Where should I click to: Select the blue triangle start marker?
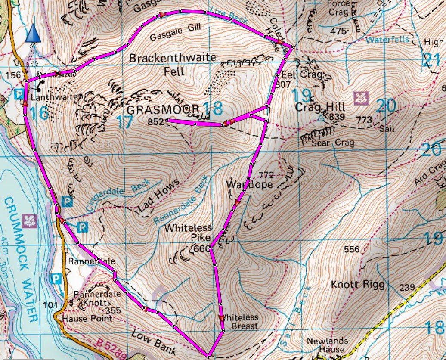pos(33,34)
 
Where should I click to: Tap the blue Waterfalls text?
pos(387,40)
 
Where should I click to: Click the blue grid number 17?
pos(124,122)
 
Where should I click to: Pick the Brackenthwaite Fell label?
pos(157,65)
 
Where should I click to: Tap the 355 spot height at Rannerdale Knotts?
pos(113,310)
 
